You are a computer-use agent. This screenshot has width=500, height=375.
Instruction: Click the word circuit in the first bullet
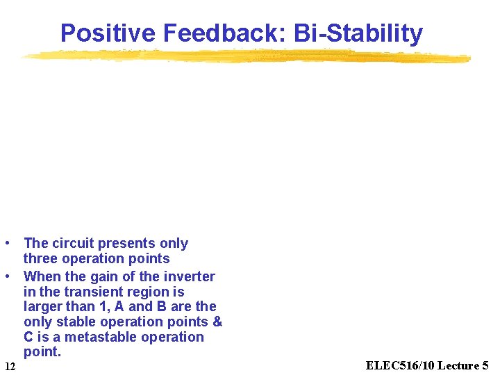point(73,244)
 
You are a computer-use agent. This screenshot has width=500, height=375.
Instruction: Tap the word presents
point(127,244)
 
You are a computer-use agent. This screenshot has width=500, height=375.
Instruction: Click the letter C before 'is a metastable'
point(28,337)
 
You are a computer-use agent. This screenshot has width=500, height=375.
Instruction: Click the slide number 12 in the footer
point(10,366)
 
